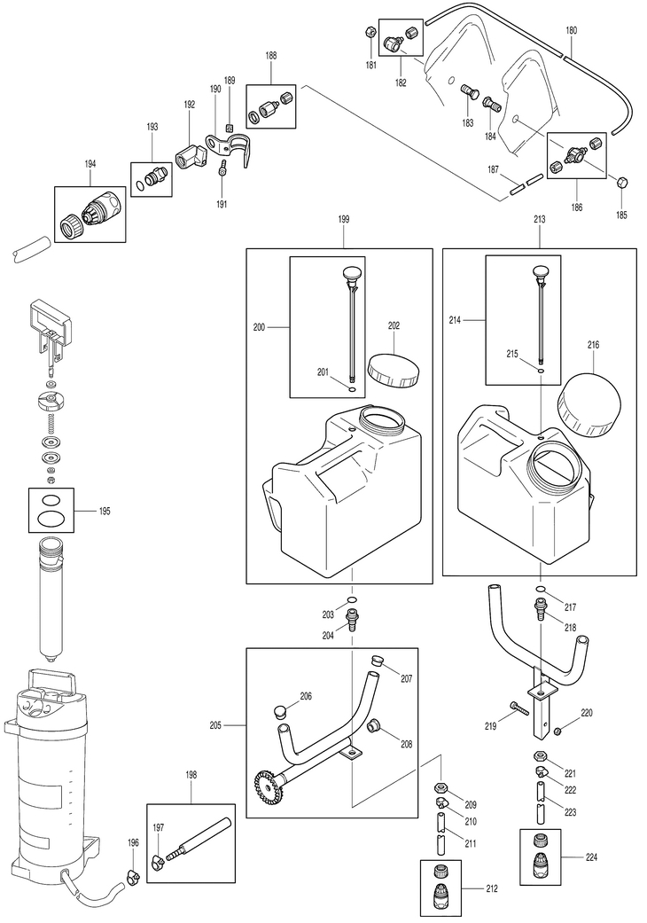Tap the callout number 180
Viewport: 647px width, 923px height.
(571, 30)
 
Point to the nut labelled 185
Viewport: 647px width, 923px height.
(622, 184)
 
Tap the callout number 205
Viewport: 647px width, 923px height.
(215, 726)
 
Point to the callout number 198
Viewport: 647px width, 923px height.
(191, 774)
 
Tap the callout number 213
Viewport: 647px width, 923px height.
(541, 217)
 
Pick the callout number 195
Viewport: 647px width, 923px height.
(105, 512)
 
